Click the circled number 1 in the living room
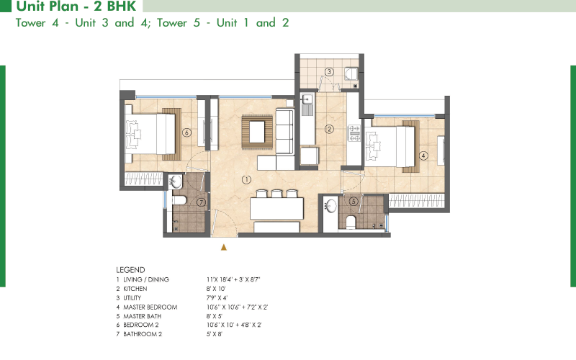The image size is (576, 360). (x=246, y=179)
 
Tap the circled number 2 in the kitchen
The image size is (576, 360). (x=329, y=129)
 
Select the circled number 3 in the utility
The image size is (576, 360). (x=329, y=71)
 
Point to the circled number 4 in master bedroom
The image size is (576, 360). (x=423, y=156)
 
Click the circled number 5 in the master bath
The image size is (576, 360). (x=354, y=201)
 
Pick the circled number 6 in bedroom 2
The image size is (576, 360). (x=186, y=132)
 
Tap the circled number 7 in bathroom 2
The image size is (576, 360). (x=201, y=202)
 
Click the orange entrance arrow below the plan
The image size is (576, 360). (x=224, y=247)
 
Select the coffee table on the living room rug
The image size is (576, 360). (x=257, y=132)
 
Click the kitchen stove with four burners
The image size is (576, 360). (x=354, y=133)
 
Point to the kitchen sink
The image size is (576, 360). (x=307, y=100)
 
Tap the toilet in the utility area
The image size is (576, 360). (x=351, y=73)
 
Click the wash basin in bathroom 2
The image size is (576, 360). (x=176, y=182)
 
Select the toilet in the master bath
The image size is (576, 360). (x=351, y=222)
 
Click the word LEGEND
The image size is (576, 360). (x=130, y=270)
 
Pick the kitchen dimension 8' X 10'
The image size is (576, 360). (x=216, y=289)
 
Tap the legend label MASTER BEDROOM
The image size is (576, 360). (x=150, y=307)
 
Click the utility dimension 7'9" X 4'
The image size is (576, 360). (x=217, y=298)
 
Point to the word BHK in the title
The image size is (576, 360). (x=122, y=6)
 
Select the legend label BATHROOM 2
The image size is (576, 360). (x=143, y=334)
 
